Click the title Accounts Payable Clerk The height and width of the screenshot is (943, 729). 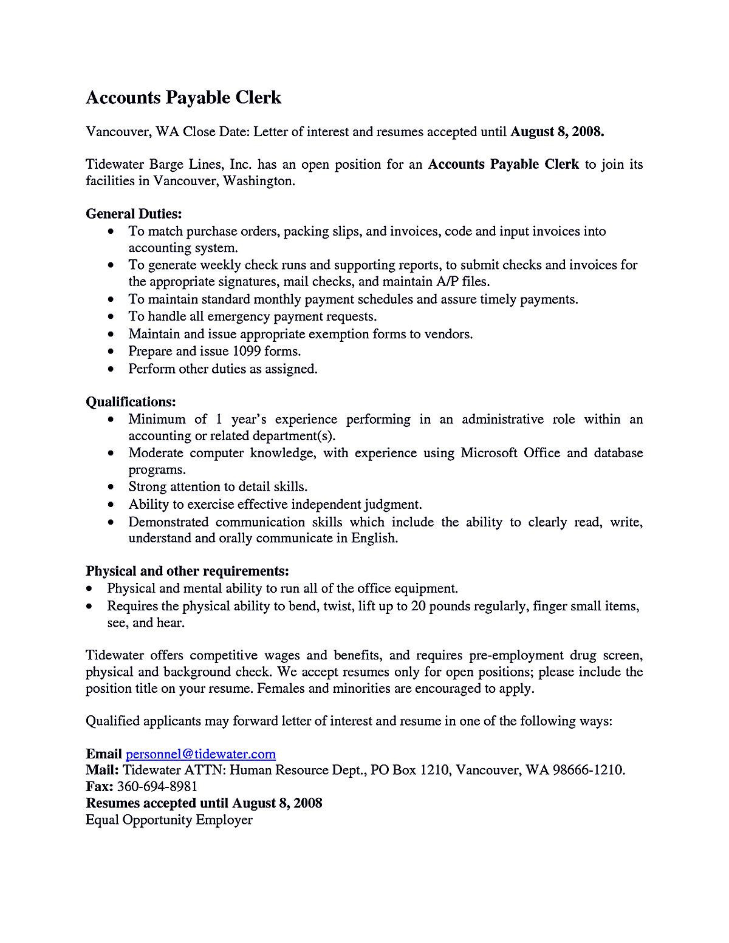[x=183, y=98]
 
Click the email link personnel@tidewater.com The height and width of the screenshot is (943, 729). [x=200, y=754]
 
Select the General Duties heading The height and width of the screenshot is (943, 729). [x=134, y=214]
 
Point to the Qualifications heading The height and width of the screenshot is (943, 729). [x=131, y=402]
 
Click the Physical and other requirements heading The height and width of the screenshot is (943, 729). [x=187, y=571]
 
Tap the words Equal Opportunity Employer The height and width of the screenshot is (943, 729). [x=169, y=820]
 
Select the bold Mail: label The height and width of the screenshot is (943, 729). [x=102, y=771]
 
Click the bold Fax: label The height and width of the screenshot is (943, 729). [x=100, y=787]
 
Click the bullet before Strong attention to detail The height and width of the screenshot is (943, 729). [x=111, y=488]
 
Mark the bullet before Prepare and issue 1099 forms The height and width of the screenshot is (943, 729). [x=111, y=352]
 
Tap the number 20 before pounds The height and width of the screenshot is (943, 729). [x=418, y=606]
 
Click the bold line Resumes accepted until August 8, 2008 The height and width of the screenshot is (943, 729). [x=204, y=803]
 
